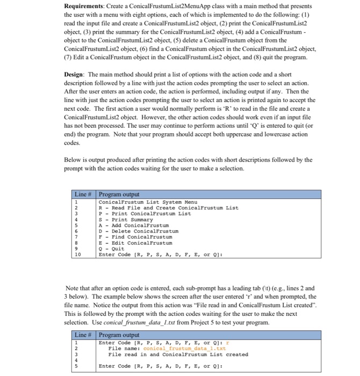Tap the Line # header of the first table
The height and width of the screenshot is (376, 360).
(84, 194)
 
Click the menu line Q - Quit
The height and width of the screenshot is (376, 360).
(111, 249)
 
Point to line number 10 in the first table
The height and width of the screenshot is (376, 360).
(77, 255)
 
